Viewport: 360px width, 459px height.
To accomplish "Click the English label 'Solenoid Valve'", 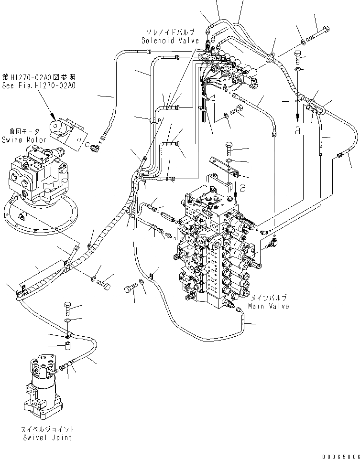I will point(170,41).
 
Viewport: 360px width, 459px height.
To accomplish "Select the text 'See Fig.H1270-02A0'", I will point(39,85).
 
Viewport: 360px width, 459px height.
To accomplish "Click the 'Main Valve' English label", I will point(268,306).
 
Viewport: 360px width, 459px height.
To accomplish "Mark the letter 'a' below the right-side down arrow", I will point(298,130).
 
